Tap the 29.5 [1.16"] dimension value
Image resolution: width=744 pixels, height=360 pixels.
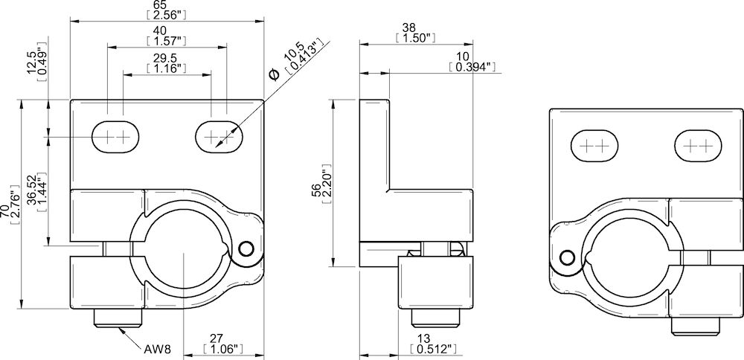click(166, 63)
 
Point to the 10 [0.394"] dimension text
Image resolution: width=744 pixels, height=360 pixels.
click(472, 62)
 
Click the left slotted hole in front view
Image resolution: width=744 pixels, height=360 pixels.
click(115, 137)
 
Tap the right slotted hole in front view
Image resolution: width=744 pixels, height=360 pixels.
click(219, 137)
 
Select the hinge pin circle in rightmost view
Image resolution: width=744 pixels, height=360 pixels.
click(567, 257)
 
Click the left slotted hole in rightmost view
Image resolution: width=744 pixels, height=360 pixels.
click(594, 145)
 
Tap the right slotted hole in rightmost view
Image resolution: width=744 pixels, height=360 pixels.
click(699, 145)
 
